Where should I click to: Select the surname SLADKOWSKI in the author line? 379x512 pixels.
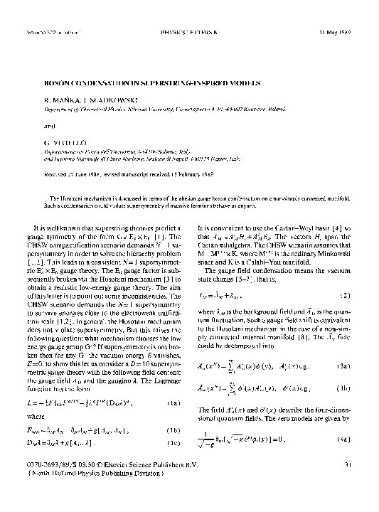pyautogui.click(x=93, y=92)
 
